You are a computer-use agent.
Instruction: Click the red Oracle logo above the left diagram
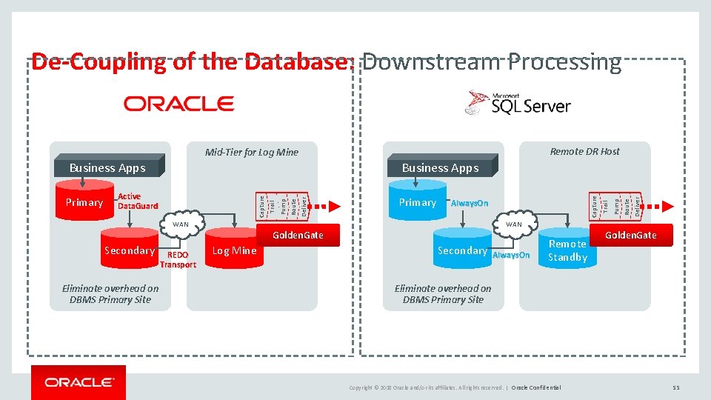pyautogui.click(x=178, y=104)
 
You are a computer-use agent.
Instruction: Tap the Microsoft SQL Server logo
pyautogui.click(x=518, y=104)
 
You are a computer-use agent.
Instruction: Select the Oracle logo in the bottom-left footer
pyautogui.click(x=79, y=382)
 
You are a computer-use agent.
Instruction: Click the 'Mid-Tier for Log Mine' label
pyautogui.click(x=251, y=152)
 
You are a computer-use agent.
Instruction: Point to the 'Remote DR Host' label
pyautogui.click(x=584, y=151)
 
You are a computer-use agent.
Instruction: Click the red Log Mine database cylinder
pyautogui.click(x=234, y=250)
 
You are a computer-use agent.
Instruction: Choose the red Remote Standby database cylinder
pyautogui.click(x=567, y=250)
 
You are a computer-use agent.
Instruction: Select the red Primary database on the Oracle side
pyautogui.click(x=84, y=202)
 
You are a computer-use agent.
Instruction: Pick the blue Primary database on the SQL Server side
pyautogui.click(x=418, y=202)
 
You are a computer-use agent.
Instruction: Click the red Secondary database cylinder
pyautogui.click(x=130, y=250)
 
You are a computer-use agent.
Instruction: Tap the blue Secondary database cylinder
pyautogui.click(x=462, y=250)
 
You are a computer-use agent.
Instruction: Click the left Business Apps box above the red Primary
pyautogui.click(x=107, y=167)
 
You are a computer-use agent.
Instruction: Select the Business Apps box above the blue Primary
pyautogui.click(x=440, y=167)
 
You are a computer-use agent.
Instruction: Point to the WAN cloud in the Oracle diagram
pyautogui.click(x=181, y=224)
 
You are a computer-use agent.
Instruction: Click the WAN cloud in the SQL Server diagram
pyautogui.click(x=513, y=224)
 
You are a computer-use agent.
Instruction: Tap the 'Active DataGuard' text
pyautogui.click(x=138, y=201)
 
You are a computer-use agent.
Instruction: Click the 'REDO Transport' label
pyautogui.click(x=178, y=259)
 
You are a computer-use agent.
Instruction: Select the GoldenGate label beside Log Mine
pyautogui.click(x=298, y=235)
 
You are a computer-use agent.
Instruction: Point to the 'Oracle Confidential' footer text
pyautogui.click(x=536, y=387)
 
